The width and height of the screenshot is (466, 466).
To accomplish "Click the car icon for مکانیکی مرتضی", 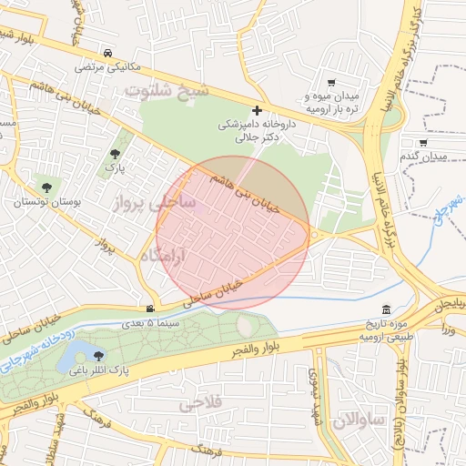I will (x=109, y=52).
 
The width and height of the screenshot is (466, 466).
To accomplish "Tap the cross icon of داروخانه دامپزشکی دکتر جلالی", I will (x=257, y=110).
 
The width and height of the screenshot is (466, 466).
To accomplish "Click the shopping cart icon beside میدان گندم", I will (x=422, y=142).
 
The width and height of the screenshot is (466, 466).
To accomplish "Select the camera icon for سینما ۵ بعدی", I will (x=150, y=309).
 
